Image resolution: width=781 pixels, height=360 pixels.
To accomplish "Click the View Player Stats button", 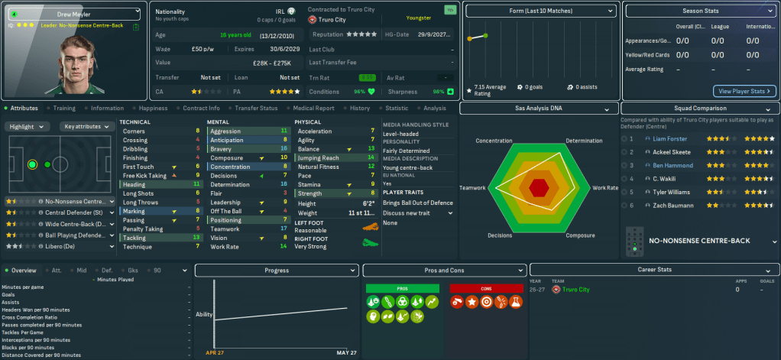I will tap(745, 91).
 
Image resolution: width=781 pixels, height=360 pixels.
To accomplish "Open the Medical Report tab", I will tap(313, 109).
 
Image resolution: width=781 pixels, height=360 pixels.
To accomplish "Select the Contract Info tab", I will tap(202, 109).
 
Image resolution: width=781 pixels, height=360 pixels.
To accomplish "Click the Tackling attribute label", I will tap(136, 237).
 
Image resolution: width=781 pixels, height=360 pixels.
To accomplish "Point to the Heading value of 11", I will tap(197, 184).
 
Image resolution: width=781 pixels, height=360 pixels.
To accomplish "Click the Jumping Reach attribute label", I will tap(319, 157).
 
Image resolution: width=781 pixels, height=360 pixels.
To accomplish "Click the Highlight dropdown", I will tap(29, 126).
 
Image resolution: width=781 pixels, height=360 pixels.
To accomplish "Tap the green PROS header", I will tap(403, 287).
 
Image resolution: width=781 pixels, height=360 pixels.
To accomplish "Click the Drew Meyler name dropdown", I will tap(73, 14).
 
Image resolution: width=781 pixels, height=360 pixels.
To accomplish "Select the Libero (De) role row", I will tap(61, 247).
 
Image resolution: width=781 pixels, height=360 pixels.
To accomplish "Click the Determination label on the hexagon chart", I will tap(585, 141).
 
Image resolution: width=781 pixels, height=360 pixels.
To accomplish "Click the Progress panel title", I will tap(277, 271).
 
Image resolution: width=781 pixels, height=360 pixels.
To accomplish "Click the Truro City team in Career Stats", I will tap(576, 290).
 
